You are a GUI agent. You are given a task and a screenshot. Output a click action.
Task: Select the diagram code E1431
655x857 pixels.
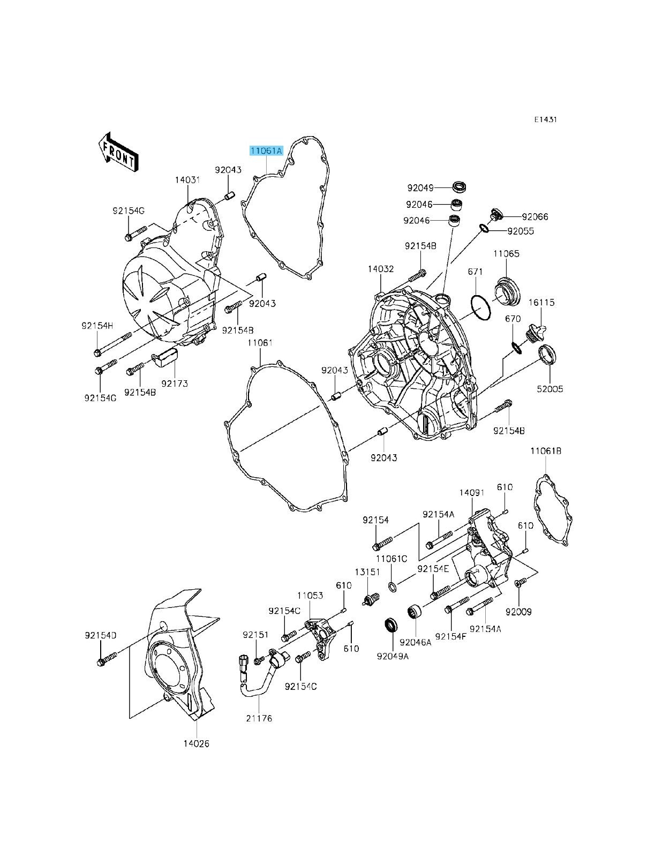coord(545,119)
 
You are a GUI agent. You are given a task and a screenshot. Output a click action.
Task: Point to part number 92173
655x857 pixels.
coord(175,384)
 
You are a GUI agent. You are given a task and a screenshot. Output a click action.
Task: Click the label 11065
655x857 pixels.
coord(506,253)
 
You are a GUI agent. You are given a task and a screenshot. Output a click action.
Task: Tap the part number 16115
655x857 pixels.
coord(542,302)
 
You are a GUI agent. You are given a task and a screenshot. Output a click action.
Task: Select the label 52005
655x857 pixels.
coord(550,389)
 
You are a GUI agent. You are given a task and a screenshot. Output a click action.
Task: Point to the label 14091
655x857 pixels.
coord(472,492)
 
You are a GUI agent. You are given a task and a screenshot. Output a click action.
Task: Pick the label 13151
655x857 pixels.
coord(367,572)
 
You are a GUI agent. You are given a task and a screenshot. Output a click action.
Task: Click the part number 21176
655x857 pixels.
coord(259,718)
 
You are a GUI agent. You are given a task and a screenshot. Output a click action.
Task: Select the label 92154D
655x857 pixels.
coord(100,635)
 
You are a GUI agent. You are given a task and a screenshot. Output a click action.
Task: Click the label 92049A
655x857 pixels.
coord(392,656)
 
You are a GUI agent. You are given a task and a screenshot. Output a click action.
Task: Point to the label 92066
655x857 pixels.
coord(535,217)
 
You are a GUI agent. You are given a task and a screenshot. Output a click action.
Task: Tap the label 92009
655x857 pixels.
coord(518,611)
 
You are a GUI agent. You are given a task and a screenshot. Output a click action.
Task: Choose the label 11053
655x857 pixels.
coord(311,595)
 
